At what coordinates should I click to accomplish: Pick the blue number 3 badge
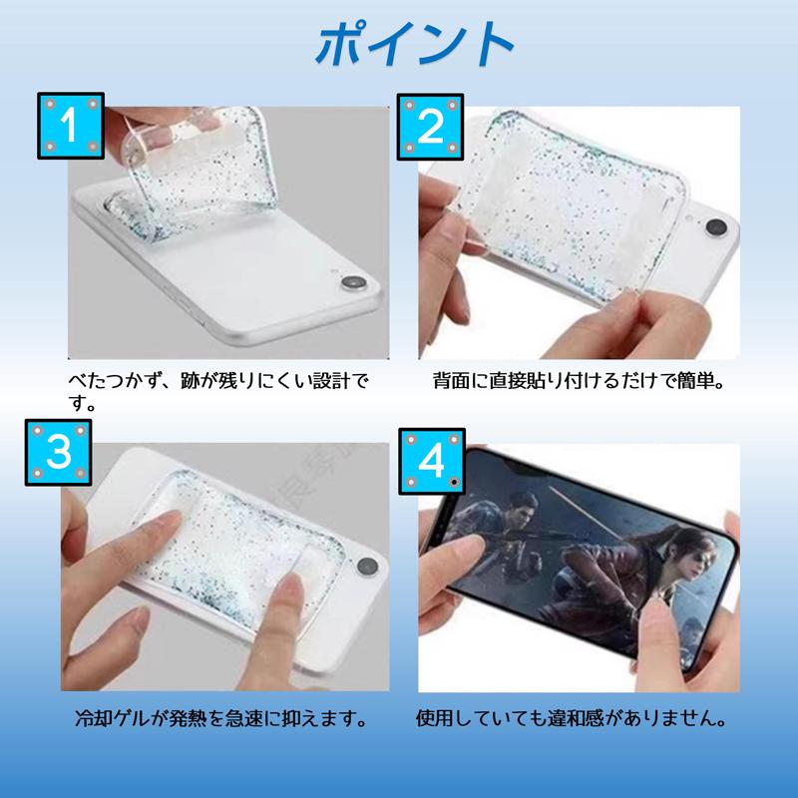(61, 450)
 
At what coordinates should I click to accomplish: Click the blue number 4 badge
(430, 460)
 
